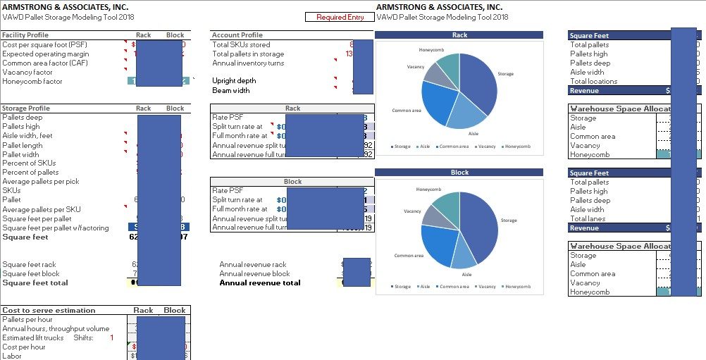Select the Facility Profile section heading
[25, 35]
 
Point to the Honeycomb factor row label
[32, 81]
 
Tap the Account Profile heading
[237, 35]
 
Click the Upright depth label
[234, 81]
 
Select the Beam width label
[231, 90]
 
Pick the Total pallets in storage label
[248, 54]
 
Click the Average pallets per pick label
[41, 181]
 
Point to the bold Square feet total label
[35, 283]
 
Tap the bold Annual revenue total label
[260, 283]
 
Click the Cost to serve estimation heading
[49, 310]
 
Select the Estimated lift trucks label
[32, 337]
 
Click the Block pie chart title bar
[459, 173]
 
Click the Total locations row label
[593, 81]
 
